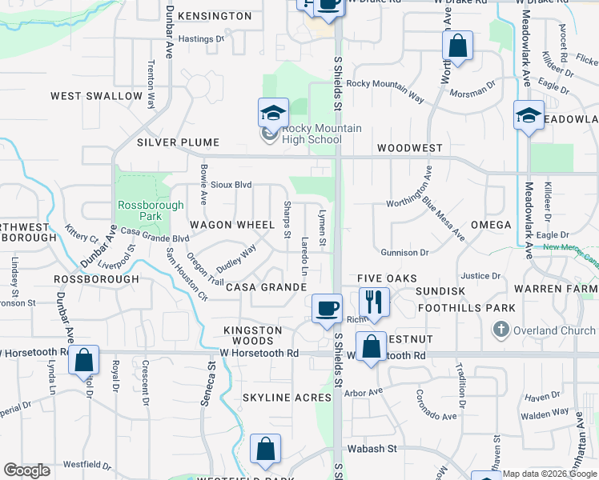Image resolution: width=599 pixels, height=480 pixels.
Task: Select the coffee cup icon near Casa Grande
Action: point(327,308)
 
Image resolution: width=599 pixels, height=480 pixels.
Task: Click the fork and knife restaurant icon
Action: point(374,302)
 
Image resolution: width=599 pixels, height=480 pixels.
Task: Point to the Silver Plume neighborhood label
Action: point(177,142)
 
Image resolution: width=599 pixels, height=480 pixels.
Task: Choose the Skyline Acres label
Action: point(287,398)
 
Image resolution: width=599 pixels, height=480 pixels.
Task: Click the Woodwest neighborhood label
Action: point(409,148)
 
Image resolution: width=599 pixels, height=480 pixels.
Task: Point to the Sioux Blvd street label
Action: point(231,185)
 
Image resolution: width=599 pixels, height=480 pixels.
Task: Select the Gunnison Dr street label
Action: point(404,253)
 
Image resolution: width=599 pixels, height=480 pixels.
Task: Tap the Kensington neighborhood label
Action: point(215,16)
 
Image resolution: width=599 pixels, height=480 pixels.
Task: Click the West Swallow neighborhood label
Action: point(96,96)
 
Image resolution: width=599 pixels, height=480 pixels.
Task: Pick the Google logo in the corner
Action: point(26,470)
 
